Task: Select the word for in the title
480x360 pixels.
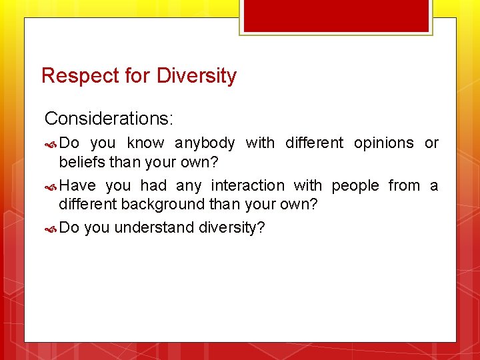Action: [138, 76]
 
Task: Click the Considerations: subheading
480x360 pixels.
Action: [109, 119]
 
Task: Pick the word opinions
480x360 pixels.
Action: [383, 143]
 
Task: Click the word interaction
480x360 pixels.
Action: [247, 186]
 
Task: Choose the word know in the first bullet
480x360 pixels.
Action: [145, 143]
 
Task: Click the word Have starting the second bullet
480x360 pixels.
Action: [77, 186]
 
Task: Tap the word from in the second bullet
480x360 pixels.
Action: [404, 186]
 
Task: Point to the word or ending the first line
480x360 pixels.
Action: [431, 143]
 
